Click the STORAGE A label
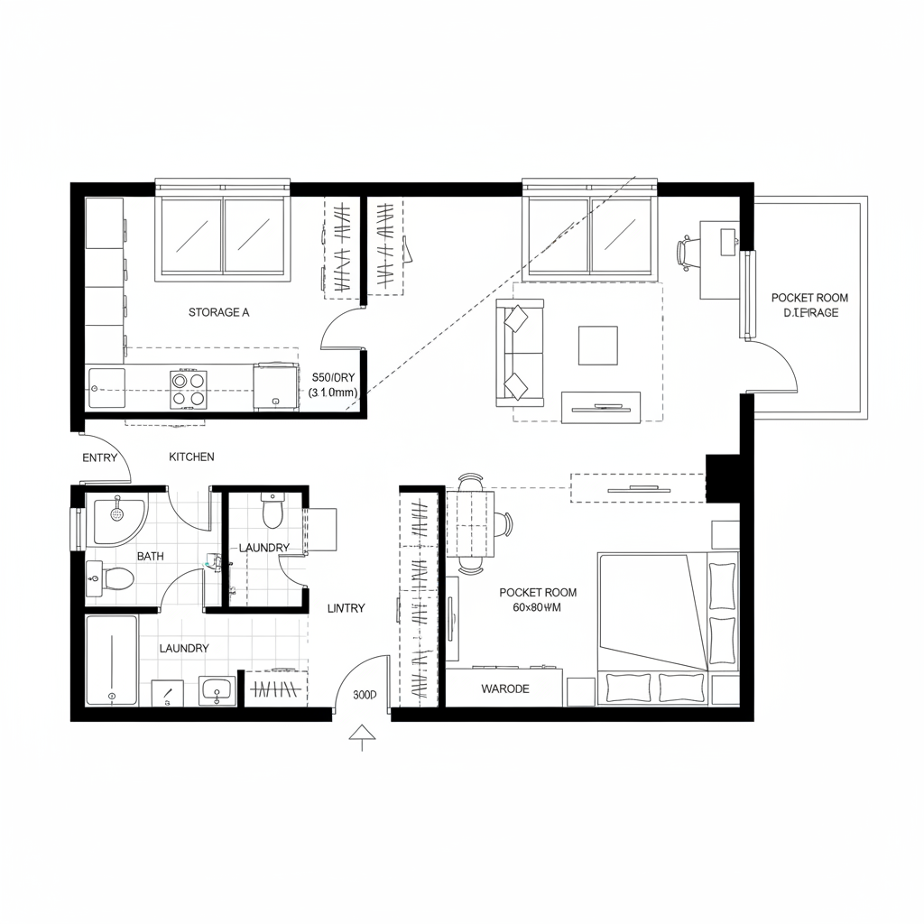point(218,312)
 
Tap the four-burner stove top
point(188,390)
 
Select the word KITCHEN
point(191,457)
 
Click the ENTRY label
point(99,457)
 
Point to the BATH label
point(150,557)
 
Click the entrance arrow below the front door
point(362,735)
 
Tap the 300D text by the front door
point(365,696)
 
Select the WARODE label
point(505,688)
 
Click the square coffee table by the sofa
point(597,345)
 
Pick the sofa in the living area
point(519,353)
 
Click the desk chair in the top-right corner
point(688,253)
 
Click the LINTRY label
point(346,608)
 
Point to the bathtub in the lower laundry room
point(111,661)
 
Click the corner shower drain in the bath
point(116,513)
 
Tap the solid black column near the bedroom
point(722,478)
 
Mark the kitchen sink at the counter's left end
point(106,387)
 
